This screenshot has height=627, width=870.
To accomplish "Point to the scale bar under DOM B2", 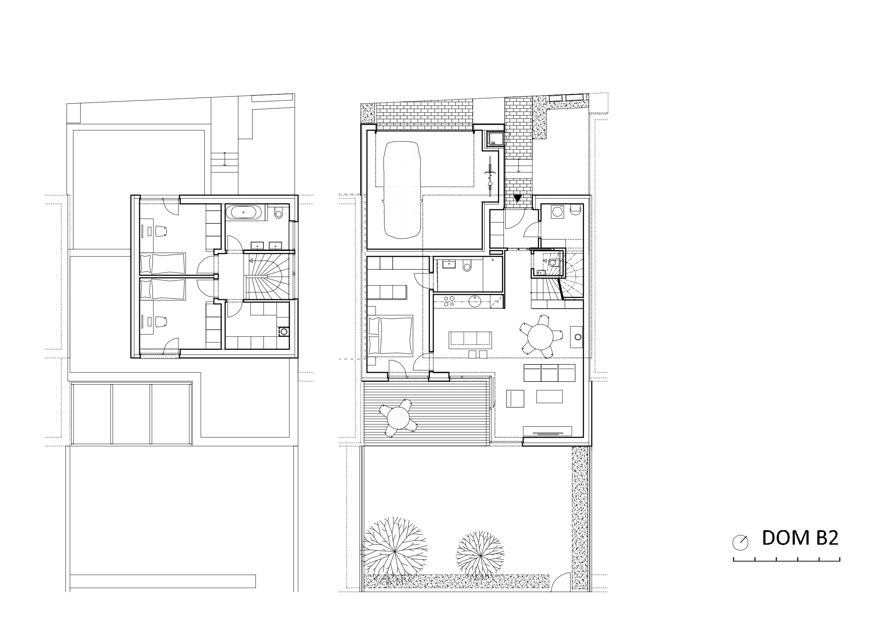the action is [786, 559].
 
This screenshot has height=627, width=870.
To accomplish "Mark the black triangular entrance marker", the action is [518, 198].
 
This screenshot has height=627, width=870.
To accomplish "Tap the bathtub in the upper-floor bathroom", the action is [244, 212].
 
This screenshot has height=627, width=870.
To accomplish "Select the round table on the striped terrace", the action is [398, 418].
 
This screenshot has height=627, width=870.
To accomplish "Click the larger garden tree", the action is [394, 552].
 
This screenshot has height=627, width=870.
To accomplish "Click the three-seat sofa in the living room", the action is [549, 373].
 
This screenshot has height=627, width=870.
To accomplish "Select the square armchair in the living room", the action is [515, 399].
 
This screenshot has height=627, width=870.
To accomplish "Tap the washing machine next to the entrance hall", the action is [557, 212].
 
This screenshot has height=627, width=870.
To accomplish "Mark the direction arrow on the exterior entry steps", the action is [518, 166].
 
